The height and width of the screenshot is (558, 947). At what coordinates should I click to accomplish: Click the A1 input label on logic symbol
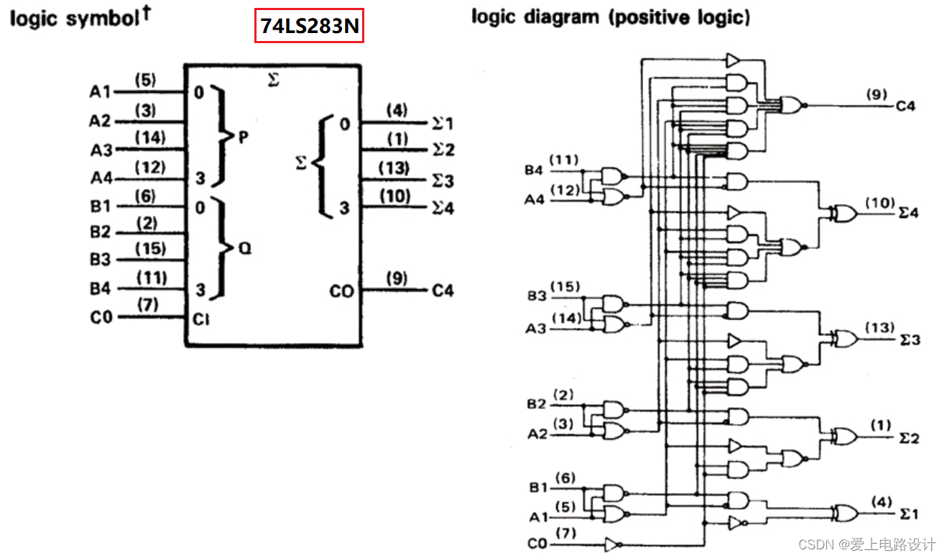[x=100, y=93]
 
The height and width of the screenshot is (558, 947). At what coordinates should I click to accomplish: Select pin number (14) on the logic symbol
[x=150, y=137]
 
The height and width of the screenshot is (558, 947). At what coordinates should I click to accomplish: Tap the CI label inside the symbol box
[x=201, y=319]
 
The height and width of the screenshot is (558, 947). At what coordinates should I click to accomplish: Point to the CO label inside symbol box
[x=341, y=291]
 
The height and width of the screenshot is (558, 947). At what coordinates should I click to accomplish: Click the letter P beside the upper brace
[x=243, y=137]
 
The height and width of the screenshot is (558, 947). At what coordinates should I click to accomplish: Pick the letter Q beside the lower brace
[x=244, y=249]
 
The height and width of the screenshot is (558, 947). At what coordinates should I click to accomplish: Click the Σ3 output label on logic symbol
[x=443, y=180]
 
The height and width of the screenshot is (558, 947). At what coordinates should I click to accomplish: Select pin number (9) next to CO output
[x=396, y=278]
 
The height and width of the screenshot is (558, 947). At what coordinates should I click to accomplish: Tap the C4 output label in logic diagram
[x=905, y=106]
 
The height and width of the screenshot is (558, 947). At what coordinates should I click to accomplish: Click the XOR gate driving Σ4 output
[x=841, y=213]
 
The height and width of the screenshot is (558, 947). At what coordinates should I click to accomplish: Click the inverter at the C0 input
[x=611, y=544]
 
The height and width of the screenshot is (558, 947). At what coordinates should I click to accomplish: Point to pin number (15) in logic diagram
[x=565, y=287]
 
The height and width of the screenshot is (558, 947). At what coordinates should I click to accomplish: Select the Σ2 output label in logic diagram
[x=909, y=438]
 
